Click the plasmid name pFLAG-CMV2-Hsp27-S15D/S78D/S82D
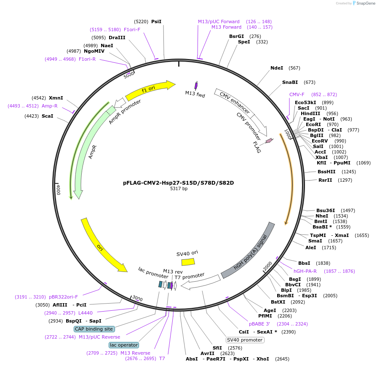click(178, 183)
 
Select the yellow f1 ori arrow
click(150, 88)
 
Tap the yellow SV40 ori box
click(188, 261)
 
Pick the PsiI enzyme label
click(156, 22)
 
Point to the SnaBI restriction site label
click(290, 82)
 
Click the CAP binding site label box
click(94, 329)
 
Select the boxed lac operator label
click(124, 345)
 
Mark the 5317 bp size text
click(179, 189)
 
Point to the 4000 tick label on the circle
click(58, 189)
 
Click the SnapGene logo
click(363, 3)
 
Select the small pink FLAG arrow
click(269, 140)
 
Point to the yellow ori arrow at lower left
click(102, 245)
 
